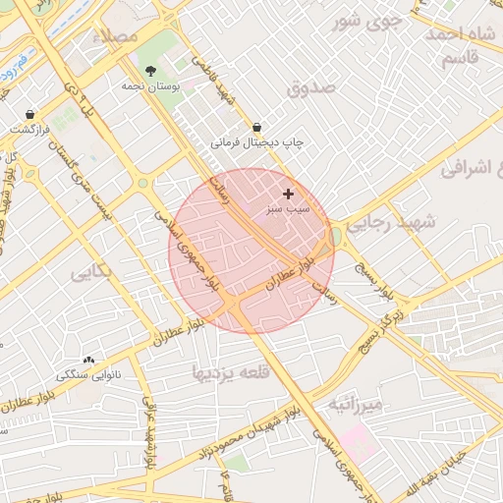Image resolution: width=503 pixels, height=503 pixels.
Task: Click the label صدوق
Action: click(x=312, y=88)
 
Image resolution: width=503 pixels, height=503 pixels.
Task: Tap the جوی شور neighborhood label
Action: click(x=367, y=20)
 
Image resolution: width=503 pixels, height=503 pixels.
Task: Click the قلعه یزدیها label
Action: click(x=229, y=371)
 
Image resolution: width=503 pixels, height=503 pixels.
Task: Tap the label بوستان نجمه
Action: click(x=147, y=86)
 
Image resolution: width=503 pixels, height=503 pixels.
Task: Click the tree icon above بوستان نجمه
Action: click(x=149, y=71)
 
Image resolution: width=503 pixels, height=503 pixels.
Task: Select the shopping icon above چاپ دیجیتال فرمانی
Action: click(x=256, y=127)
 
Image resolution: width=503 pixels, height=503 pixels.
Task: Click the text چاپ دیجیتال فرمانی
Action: click(x=256, y=142)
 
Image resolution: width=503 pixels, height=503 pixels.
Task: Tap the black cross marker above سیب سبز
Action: click(x=288, y=195)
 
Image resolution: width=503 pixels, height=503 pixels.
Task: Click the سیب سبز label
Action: click(x=288, y=209)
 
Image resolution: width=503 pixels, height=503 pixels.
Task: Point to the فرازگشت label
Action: click(x=30, y=129)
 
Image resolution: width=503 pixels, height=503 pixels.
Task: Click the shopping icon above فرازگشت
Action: click(x=30, y=114)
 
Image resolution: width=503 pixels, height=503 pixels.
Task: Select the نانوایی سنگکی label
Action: click(x=88, y=374)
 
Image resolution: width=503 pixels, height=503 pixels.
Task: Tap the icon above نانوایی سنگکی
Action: click(x=89, y=360)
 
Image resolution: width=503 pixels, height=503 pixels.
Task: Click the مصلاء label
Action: click(x=110, y=34)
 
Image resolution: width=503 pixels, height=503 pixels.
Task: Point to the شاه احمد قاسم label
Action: click(x=459, y=46)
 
